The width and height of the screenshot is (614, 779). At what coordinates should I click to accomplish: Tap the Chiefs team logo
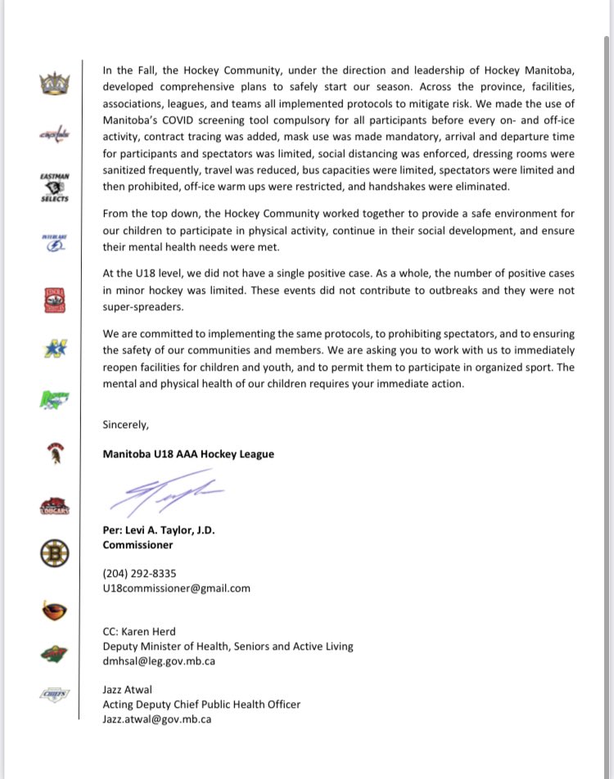[55, 696]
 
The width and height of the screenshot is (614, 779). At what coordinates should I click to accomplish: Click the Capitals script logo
[55, 136]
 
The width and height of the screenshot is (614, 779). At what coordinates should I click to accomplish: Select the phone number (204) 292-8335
[139, 573]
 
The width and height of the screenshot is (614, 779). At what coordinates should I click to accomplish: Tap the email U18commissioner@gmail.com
[176, 588]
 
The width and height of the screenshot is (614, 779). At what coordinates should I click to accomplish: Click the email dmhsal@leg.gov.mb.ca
[159, 661]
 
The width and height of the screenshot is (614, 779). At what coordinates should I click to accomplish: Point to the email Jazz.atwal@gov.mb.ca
[156, 719]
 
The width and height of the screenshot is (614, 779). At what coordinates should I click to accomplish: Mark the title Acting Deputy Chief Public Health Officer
[201, 705]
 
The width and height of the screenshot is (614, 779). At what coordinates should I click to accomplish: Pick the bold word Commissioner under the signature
[138, 544]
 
